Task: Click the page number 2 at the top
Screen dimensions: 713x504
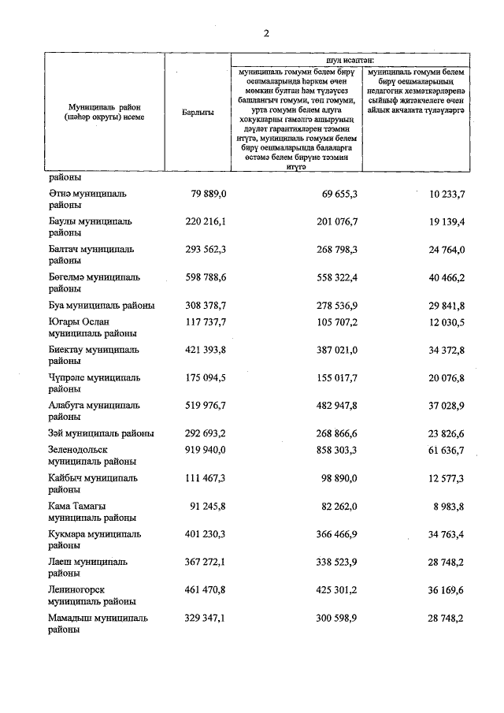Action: point(266,33)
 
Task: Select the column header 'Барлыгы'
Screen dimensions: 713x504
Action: point(198,113)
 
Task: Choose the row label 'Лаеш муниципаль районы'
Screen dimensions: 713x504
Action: point(87,568)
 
